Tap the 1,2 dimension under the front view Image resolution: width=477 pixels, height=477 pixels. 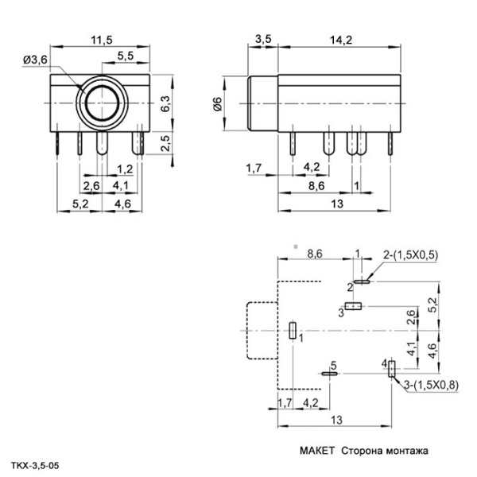point(124,169)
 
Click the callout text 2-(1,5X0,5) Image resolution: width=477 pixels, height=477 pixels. point(410,255)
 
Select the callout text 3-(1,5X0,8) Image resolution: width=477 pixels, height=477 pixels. point(431,386)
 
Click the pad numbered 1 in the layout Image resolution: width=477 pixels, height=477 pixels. point(293,332)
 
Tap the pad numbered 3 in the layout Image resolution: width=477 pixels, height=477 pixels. point(353,305)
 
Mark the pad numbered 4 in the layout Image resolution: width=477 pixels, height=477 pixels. point(390,370)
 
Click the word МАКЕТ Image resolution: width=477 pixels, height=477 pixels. point(316,451)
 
